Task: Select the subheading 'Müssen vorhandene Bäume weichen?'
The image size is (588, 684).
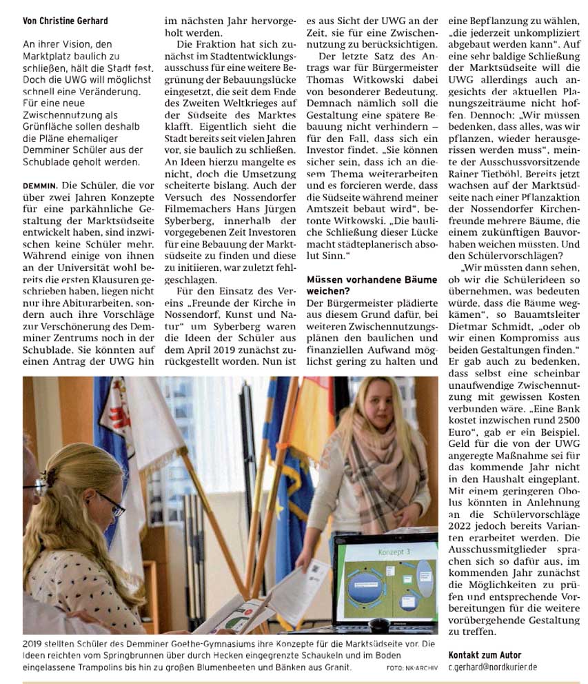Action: (x=371, y=285)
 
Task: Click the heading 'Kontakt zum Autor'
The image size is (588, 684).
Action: (x=485, y=655)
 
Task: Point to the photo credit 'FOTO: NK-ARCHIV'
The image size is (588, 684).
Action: (x=412, y=667)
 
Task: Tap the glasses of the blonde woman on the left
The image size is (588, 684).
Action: (x=110, y=503)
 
